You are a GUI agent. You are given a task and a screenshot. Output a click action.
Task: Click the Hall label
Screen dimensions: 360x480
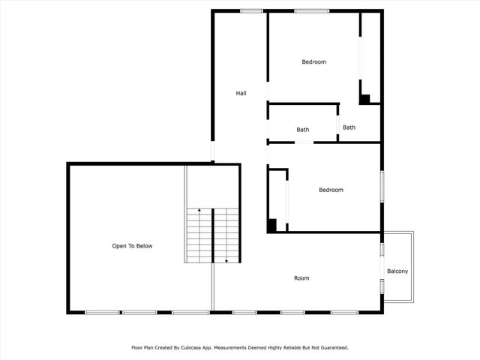pyautogui.click(x=241, y=93)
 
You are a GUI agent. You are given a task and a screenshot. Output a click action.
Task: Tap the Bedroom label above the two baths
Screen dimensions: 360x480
pyautogui.click(x=314, y=61)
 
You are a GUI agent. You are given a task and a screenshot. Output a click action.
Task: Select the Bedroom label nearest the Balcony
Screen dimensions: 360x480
pyautogui.click(x=331, y=190)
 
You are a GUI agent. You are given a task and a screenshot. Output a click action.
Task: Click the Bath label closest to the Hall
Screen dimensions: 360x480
pyautogui.click(x=302, y=130)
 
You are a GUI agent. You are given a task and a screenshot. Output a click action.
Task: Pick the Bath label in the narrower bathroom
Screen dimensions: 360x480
pyautogui.click(x=349, y=127)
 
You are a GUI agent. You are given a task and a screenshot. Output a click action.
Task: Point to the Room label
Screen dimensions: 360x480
pyautogui.click(x=301, y=278)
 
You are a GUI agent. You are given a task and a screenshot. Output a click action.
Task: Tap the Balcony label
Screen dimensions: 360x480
pyautogui.click(x=397, y=271)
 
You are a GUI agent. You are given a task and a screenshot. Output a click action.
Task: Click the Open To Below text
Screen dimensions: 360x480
pyautogui.click(x=132, y=245)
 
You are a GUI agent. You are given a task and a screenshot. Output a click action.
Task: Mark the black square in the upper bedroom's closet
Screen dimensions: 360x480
pyautogui.click(x=364, y=99)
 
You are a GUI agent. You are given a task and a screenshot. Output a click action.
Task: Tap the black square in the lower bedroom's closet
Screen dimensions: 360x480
pyautogui.click(x=272, y=224)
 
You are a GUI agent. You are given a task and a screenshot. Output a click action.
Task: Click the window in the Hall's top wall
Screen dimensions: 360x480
pyautogui.click(x=251, y=10)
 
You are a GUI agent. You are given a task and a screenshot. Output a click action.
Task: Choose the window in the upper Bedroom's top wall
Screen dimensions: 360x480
pyautogui.click(x=311, y=10)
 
